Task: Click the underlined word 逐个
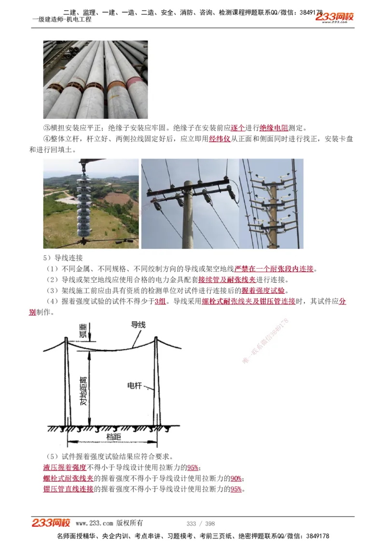(x=238, y=128)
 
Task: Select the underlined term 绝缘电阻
(x=274, y=128)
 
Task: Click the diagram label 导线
(x=138, y=325)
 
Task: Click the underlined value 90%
(x=236, y=478)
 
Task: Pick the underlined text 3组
(x=160, y=302)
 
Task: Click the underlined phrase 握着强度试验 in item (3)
(x=263, y=290)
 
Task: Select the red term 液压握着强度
(x=65, y=468)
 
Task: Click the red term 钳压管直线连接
(x=68, y=489)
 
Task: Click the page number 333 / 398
(x=200, y=523)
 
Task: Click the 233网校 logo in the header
(x=334, y=17)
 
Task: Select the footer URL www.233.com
(x=95, y=523)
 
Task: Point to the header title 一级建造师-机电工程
(x=61, y=19)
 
